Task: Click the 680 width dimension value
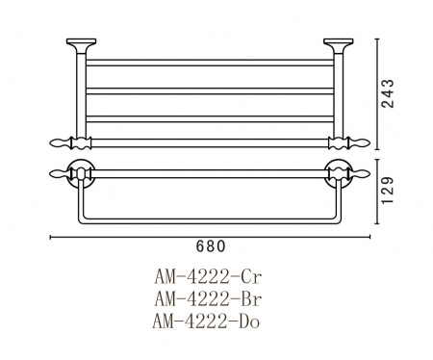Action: click(211, 246)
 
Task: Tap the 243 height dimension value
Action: click(387, 93)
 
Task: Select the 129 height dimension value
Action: click(388, 190)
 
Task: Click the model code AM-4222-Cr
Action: click(208, 277)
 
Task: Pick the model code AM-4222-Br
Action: click(208, 299)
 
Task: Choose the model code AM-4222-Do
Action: click(206, 321)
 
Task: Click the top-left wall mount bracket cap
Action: click(81, 41)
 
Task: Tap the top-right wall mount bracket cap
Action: click(339, 41)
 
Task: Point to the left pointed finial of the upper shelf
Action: click(60, 142)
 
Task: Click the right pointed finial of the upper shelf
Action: click(360, 142)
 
